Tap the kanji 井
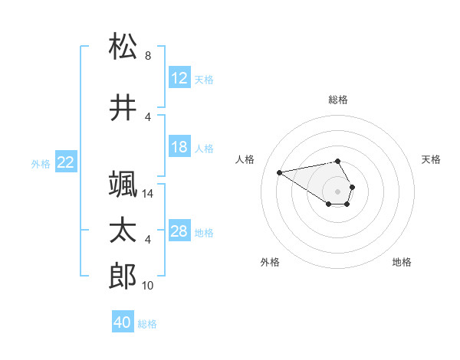[x=123, y=109]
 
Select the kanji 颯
[x=123, y=185]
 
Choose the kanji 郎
[x=123, y=277]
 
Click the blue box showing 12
[x=179, y=78]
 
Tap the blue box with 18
[x=179, y=147]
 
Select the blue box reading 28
[x=179, y=231]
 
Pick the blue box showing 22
[x=66, y=162]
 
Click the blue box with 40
[x=122, y=322]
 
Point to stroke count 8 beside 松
[x=148, y=56]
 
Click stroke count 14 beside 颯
[x=149, y=194]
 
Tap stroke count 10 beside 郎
[x=148, y=286]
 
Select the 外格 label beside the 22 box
[x=41, y=163]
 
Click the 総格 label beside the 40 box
[x=147, y=324]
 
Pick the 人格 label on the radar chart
[x=245, y=159]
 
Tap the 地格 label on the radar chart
[x=402, y=262]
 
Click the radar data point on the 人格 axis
[x=279, y=172]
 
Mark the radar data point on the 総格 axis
[x=337, y=161]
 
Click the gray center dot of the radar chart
[x=337, y=191]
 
